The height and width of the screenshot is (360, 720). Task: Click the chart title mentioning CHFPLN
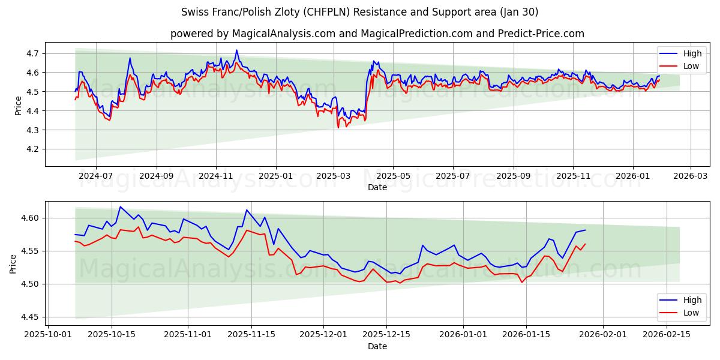coord(359,12)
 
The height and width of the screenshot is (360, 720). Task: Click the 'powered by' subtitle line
coord(377,34)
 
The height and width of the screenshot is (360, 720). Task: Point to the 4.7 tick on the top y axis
coord(34,53)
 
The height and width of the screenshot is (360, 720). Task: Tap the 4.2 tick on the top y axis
coord(34,149)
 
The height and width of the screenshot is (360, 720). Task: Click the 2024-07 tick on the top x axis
coord(96,176)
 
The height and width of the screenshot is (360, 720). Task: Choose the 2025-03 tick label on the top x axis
coord(334,176)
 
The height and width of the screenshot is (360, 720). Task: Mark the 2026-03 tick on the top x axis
coord(690,176)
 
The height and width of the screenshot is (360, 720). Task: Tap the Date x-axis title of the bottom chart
coord(377,346)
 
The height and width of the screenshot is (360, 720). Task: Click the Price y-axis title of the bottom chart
coord(13,263)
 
